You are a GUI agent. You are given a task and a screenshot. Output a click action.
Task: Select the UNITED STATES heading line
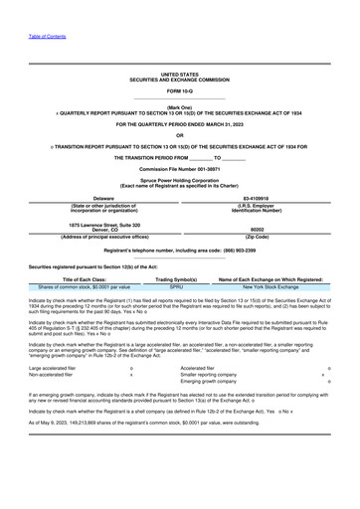(180, 74)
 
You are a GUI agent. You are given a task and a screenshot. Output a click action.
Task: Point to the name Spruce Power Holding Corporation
(180, 180)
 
